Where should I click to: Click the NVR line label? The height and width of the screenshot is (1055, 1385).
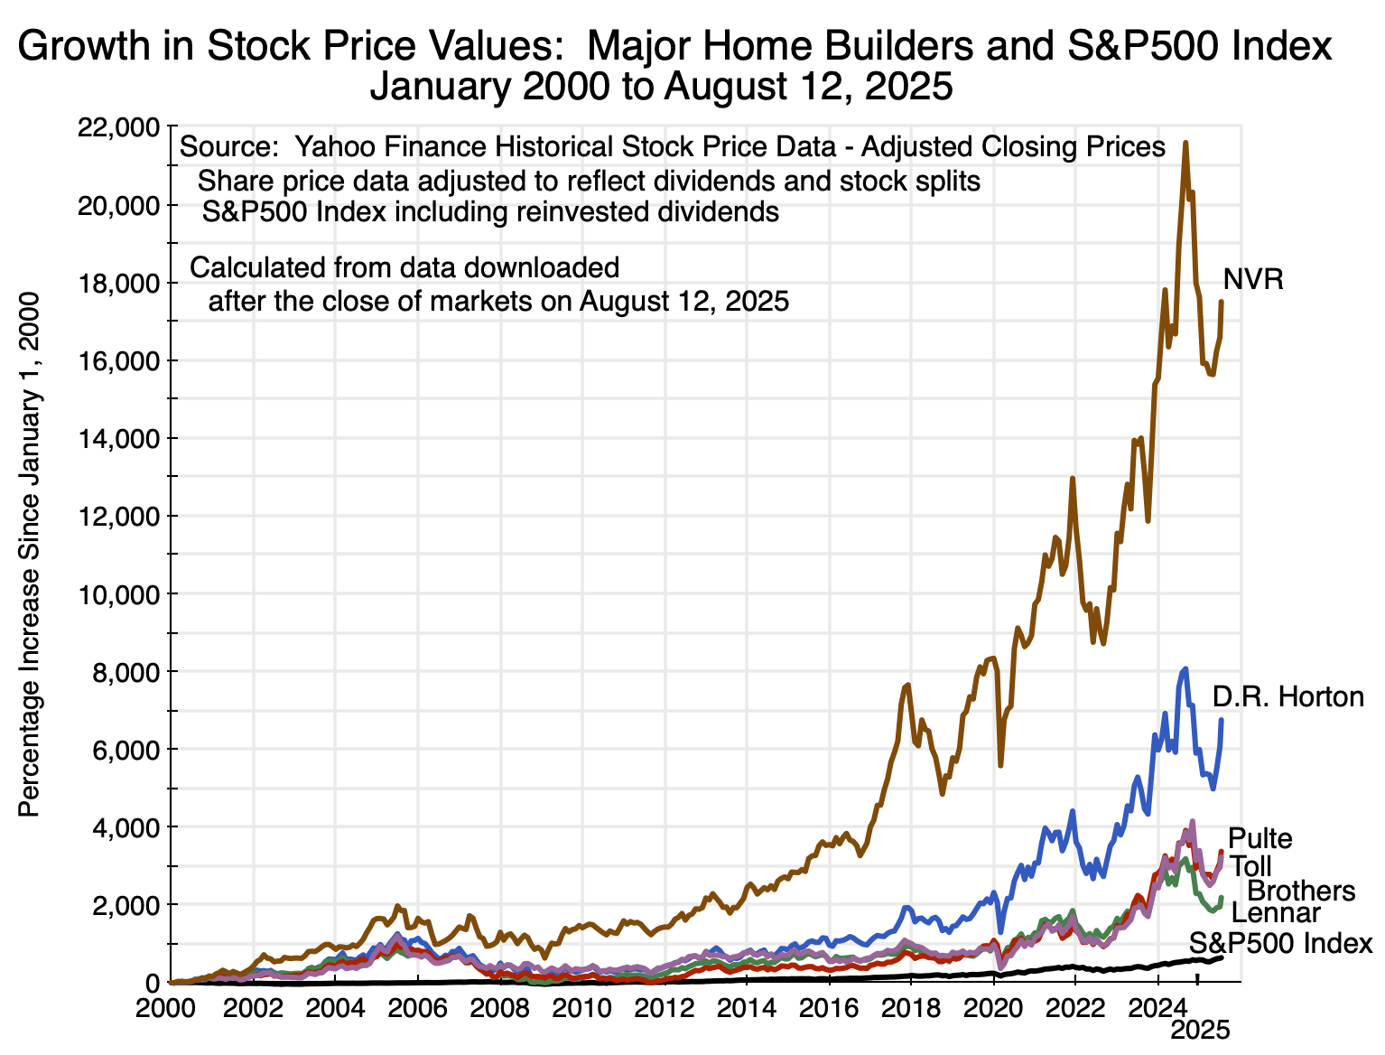[1253, 279]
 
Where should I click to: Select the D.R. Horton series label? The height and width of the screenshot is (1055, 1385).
[1287, 696]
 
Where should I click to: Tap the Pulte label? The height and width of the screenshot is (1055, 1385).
[1260, 838]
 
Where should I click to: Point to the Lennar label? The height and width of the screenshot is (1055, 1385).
[1276, 913]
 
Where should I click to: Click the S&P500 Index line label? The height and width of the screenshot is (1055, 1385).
[1280, 944]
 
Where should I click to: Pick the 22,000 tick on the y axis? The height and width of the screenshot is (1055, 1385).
[120, 127]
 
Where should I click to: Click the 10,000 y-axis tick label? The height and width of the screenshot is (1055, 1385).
[120, 594]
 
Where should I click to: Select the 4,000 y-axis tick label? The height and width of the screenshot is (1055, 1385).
[125, 827]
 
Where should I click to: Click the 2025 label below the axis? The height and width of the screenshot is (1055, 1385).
[1200, 1031]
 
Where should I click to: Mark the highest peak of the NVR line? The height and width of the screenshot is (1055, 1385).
[1185, 143]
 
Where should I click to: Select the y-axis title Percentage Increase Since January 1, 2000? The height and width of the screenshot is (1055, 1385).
[30, 554]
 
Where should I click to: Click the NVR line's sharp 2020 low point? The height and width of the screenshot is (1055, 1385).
[1000, 765]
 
